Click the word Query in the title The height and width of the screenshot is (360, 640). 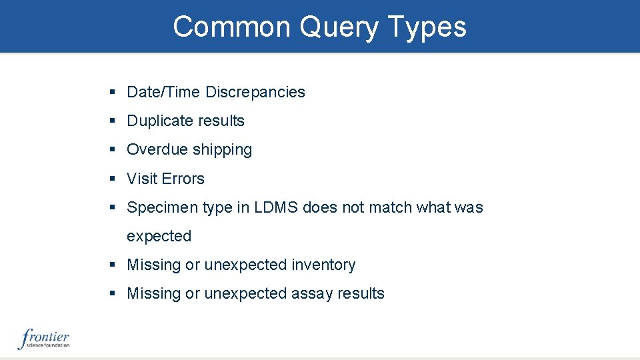point(338,27)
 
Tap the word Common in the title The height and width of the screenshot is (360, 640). point(231,27)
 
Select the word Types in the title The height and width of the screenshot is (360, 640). point(426,27)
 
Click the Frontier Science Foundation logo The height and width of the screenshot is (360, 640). point(44,339)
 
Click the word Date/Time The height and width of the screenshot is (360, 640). point(163,92)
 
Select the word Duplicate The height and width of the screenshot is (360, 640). point(158,121)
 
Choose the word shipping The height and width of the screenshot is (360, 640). point(221,149)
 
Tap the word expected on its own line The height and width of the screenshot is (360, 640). point(159,236)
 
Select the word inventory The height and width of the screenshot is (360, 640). point(323,265)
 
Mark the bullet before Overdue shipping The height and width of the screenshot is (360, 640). point(113,150)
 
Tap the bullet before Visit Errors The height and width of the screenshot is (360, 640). point(113,179)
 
